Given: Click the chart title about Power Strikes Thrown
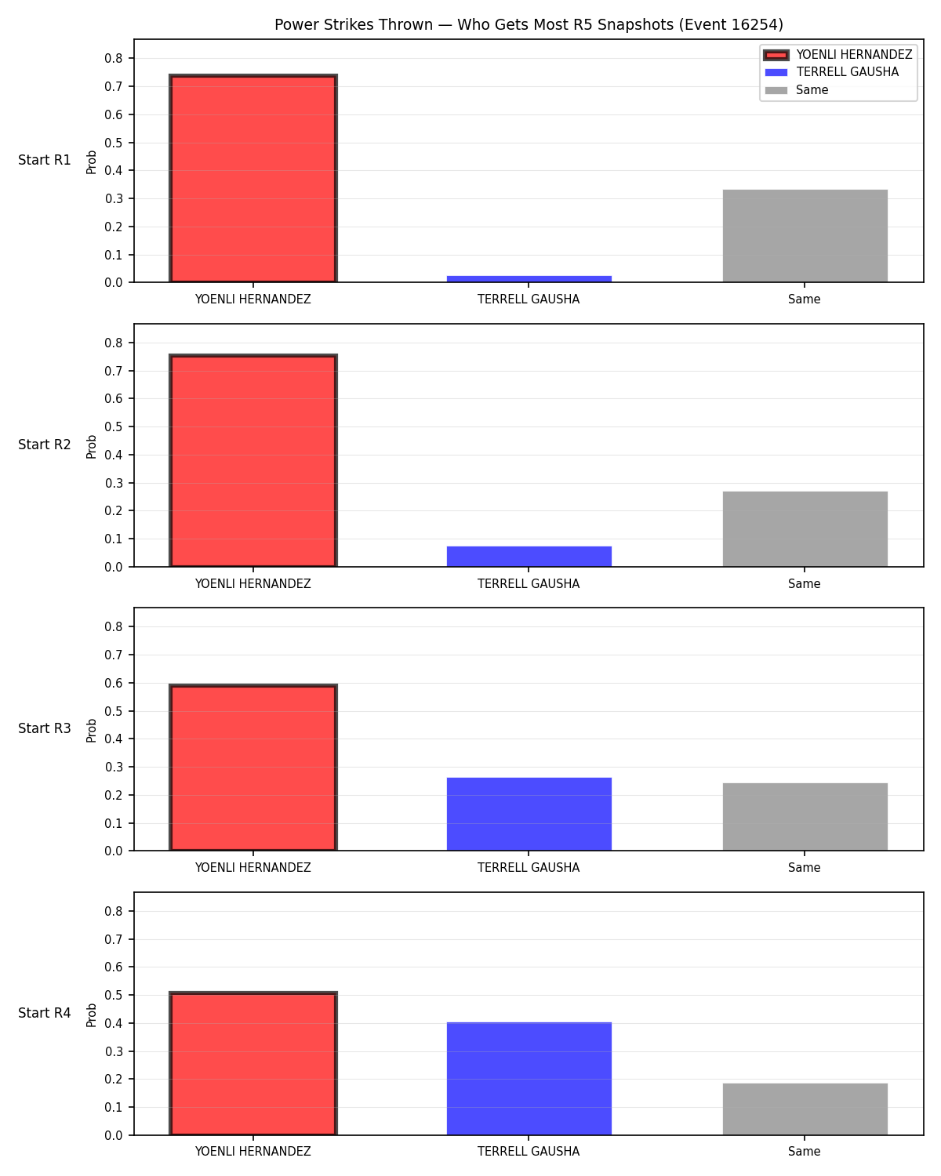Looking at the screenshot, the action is coord(529,24).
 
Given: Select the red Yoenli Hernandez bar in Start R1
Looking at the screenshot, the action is coord(253,178).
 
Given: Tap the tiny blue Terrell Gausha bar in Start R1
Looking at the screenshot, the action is coord(529,278).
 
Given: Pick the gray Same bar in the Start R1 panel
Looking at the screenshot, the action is coord(805,235).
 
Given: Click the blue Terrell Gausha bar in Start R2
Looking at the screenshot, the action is coord(529,556).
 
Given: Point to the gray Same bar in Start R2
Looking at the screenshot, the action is coord(805,528).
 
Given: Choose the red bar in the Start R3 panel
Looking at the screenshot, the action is coord(253,767).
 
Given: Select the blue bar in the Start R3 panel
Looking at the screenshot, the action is coord(529,814).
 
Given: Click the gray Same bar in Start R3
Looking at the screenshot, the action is coord(805,816).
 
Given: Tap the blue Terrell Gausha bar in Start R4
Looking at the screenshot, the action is coord(529,1078).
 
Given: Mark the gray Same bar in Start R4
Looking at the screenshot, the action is coord(805,1109).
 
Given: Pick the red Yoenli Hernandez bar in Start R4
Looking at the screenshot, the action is coord(253,1063).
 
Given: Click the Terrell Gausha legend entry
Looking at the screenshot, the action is coord(832,72).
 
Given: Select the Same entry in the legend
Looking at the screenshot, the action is coord(796,90).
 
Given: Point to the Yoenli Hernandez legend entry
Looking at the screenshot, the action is coord(838,55).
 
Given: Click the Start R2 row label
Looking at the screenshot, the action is coord(44,445).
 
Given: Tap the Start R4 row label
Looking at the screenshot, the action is coord(44,1013).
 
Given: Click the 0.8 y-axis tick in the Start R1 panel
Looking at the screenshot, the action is coord(114,59).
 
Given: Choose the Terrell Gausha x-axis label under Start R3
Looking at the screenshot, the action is coord(529,867).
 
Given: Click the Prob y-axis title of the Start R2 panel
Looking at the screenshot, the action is coord(91,446).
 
